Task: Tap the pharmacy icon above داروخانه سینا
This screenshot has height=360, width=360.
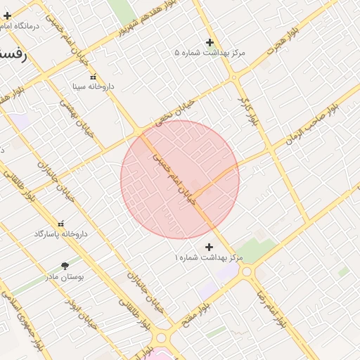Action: [x=92, y=77]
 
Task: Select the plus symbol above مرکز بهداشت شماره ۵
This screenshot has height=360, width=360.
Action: [x=210, y=43]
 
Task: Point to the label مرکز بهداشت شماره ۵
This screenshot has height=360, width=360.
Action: [x=210, y=53]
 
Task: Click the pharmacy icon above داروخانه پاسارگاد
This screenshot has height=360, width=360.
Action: [x=60, y=224]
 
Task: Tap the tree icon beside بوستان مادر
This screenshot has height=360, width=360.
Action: [x=65, y=266]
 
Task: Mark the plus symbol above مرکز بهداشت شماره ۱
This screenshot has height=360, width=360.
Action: [x=209, y=247]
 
